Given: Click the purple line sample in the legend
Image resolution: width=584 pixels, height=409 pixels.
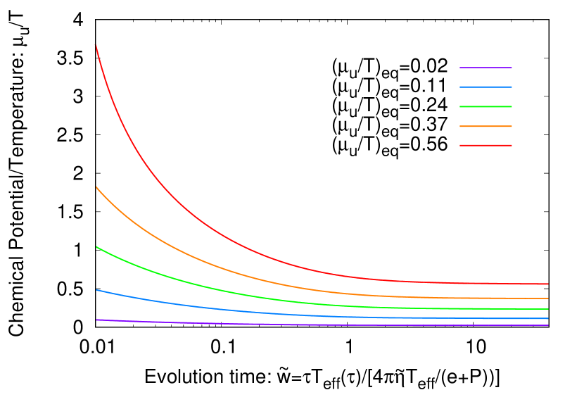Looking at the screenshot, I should (485, 68).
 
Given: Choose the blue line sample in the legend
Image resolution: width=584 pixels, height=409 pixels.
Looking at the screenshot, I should (485, 87).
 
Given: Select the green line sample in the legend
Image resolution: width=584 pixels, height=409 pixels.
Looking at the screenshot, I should (485, 106).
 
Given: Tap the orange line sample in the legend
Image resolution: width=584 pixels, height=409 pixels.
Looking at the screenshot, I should (485, 126).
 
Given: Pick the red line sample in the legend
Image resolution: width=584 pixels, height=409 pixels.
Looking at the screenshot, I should (485, 145).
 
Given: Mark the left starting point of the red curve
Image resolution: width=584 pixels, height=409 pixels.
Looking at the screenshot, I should (96, 45).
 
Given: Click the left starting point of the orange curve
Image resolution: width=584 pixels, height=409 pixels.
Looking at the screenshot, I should (96, 187).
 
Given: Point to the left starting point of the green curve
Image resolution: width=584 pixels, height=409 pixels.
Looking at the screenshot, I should (96, 246).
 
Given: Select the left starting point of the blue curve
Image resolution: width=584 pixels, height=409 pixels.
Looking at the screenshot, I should (96, 290).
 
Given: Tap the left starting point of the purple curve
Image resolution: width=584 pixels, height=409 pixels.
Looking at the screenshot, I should (96, 320).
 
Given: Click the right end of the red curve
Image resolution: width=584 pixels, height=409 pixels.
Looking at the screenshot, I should (547, 284).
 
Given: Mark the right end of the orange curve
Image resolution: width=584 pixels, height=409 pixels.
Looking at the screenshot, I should (547, 298).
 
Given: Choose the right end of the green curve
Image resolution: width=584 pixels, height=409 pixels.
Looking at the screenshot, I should (547, 309).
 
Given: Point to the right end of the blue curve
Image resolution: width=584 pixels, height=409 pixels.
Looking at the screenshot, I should (547, 318).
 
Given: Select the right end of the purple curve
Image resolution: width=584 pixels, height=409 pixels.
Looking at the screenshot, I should (547, 325).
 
